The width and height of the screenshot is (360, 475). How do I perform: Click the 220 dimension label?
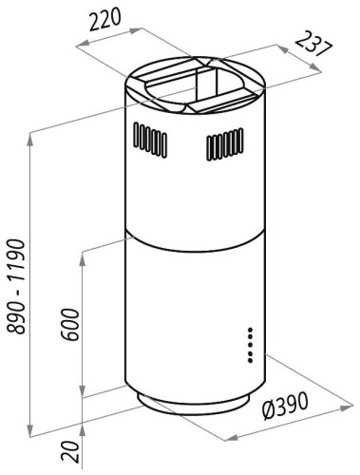pyautogui.click(x=105, y=20)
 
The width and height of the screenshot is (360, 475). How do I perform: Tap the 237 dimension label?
pyautogui.click(x=314, y=44)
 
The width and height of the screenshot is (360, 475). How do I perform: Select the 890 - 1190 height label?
pyautogui.click(x=16, y=287)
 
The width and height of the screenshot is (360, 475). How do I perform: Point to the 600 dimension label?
pyautogui.click(x=70, y=325)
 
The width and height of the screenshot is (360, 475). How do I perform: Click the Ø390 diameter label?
pyautogui.click(x=285, y=406)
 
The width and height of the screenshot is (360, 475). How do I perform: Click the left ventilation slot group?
pyautogui.click(x=150, y=140)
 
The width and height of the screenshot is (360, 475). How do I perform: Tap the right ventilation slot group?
pyautogui.click(x=225, y=144)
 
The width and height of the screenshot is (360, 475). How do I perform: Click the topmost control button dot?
pyautogui.click(x=250, y=330)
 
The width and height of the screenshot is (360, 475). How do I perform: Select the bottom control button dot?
pyautogui.click(x=250, y=360)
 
